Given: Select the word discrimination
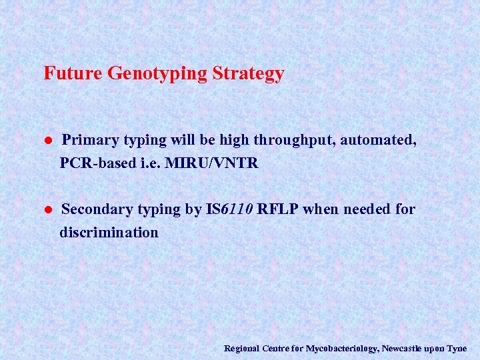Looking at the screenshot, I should click(109, 233).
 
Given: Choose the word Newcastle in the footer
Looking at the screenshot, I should click(401, 349).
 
